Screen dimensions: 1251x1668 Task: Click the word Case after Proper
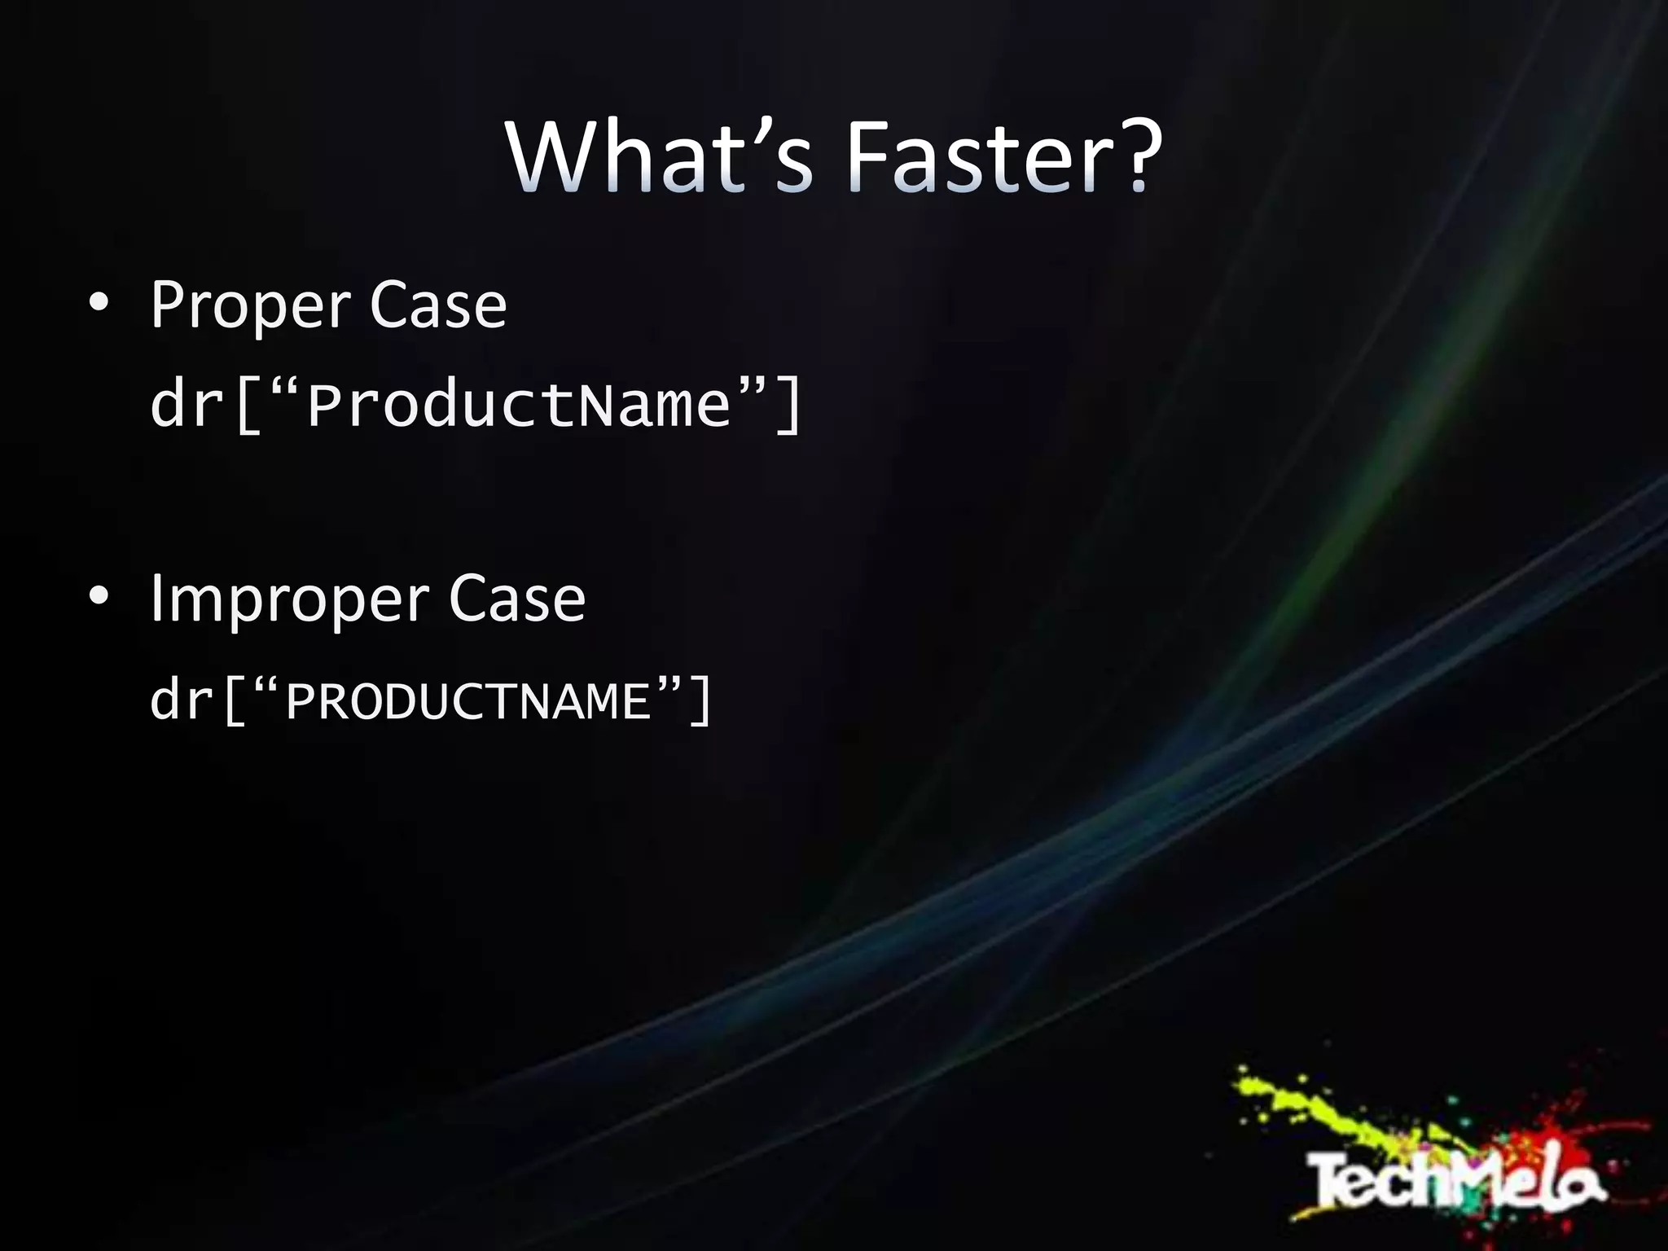[438, 305]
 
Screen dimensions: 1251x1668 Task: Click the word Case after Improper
[517, 599]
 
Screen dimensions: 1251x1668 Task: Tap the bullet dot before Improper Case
[99, 596]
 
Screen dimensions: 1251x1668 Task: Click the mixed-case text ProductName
[519, 405]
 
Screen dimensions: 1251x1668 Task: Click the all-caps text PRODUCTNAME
[468, 701]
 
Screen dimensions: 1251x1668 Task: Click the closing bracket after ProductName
[788, 405]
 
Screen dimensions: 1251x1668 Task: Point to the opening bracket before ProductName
[248, 405]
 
